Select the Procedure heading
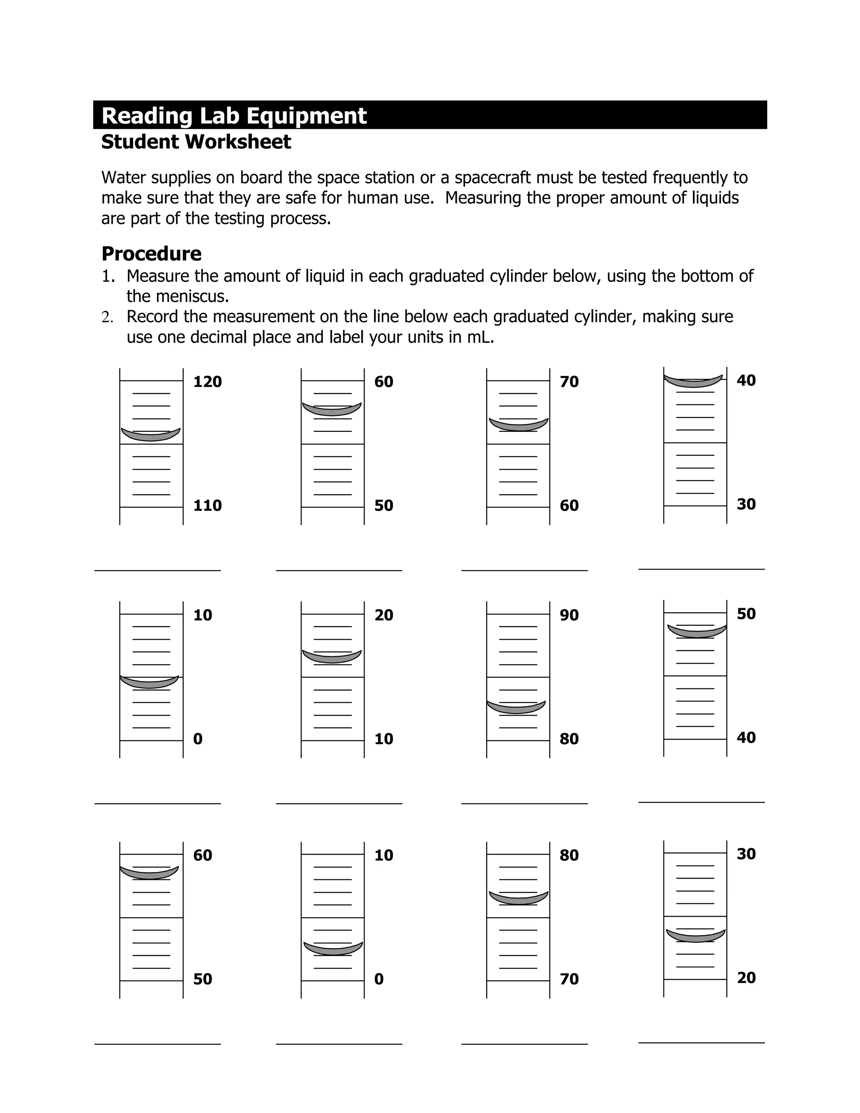click(x=151, y=254)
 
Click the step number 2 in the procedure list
click(x=107, y=318)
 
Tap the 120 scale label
click(x=207, y=382)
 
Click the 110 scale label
click(x=207, y=506)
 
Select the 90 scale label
click(x=569, y=615)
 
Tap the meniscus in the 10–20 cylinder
click(x=332, y=657)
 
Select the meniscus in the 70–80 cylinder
click(x=519, y=898)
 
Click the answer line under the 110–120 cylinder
click(x=157, y=570)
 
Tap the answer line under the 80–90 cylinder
click(x=524, y=803)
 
